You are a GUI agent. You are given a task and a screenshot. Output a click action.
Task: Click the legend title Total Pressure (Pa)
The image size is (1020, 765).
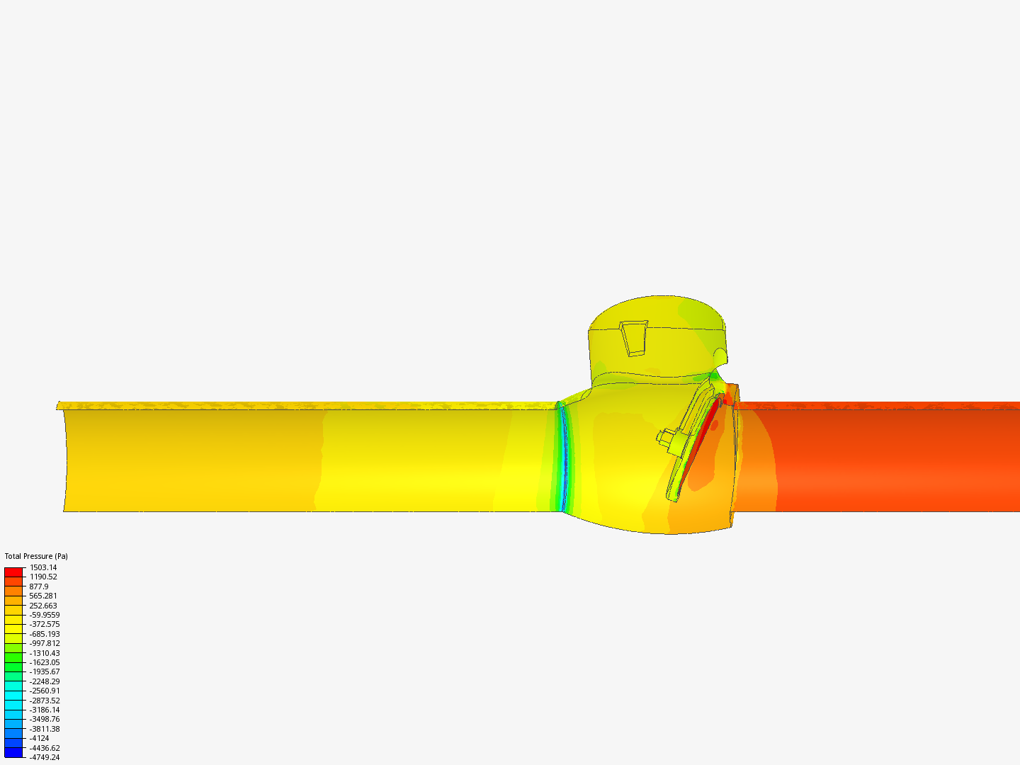(36, 556)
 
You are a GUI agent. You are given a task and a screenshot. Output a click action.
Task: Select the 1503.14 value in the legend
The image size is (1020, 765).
(43, 567)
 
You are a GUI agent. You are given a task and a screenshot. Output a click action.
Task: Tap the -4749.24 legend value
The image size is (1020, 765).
(45, 757)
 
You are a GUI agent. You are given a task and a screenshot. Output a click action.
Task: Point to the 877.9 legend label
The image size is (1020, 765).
(39, 586)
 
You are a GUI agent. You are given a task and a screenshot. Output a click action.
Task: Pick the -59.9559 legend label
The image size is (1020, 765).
(45, 615)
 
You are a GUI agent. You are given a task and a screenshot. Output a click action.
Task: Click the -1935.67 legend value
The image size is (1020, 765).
(45, 671)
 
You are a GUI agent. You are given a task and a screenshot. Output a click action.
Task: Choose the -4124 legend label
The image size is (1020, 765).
(39, 738)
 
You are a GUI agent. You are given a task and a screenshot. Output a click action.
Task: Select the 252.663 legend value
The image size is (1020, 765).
(43, 605)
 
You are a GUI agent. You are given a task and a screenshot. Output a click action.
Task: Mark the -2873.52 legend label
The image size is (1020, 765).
(45, 700)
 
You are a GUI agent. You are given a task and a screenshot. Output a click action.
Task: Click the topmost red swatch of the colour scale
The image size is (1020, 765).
(13, 572)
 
